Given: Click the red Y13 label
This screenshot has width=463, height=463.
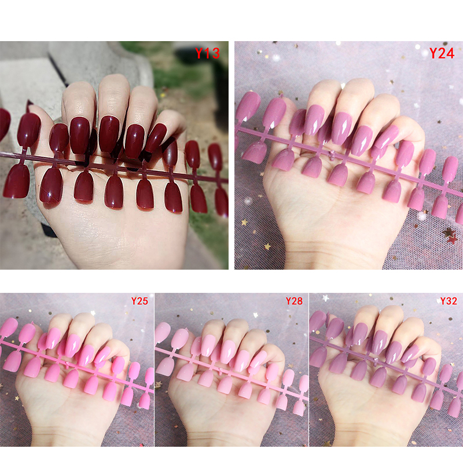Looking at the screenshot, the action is (208, 53).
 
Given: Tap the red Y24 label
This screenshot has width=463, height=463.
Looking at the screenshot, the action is (442, 53).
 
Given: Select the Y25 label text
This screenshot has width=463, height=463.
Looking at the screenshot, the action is (139, 301).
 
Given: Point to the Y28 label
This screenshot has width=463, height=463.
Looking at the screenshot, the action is (294, 301).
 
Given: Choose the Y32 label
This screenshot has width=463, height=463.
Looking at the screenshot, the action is (449, 301).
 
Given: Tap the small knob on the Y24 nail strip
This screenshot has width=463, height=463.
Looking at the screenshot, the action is (333, 153).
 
